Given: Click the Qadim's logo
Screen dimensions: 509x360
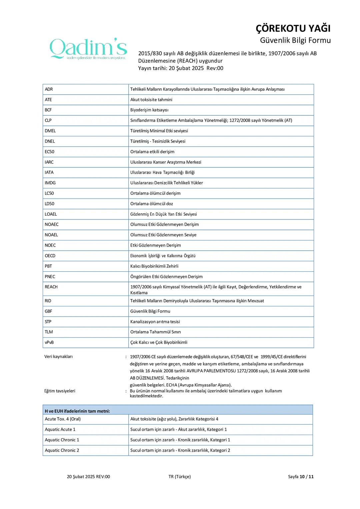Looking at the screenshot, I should coord(88,49).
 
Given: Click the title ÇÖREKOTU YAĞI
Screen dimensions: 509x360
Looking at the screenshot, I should coord(293,29).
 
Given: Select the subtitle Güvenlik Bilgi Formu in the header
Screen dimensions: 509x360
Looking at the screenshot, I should coord(295,40).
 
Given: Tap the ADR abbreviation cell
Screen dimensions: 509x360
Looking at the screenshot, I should coord(49,89).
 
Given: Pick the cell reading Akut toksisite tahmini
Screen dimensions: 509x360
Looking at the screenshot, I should coord(151,100).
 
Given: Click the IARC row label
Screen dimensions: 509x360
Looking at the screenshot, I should coord(49,162).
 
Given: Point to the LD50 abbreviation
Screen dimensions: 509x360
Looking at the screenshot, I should coord(50,204).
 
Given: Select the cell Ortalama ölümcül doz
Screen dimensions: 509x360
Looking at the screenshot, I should coord(152,204).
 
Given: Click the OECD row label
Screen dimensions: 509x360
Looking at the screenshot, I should coord(50,256).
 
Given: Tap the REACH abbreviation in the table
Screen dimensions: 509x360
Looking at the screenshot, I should coord(51,287).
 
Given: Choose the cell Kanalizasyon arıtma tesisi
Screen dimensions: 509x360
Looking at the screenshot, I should coord(155,322).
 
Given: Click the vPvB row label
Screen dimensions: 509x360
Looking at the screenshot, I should coord(49,342).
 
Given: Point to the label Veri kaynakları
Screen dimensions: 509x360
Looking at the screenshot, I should coord(59,357).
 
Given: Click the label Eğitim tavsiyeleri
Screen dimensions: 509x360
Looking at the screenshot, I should coord(60,391).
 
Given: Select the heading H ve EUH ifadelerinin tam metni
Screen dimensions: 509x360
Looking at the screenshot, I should coord(77,411).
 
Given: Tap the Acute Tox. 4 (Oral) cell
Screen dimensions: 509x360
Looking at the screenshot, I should coord(63,419).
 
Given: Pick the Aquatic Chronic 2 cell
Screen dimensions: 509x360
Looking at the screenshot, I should coord(62,450).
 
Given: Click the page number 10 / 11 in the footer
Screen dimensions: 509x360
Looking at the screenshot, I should coord(306,477).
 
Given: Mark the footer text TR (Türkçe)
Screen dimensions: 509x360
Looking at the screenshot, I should coord(180,477).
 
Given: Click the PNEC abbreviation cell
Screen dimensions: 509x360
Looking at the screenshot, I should coord(50,277).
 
